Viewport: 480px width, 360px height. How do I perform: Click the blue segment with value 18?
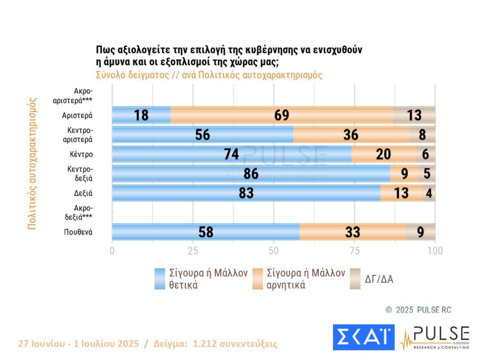tap(141, 115)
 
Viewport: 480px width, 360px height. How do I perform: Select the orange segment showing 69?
tap(282, 115)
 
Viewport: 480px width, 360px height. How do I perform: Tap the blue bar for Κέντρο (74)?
tap(231, 154)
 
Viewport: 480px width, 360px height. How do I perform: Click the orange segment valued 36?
tap(351, 135)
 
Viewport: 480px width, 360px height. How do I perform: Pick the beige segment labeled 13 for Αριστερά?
tap(414, 115)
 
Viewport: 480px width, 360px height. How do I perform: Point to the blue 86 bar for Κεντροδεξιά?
tap(251, 174)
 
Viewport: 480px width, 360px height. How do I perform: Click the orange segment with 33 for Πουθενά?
tap(353, 232)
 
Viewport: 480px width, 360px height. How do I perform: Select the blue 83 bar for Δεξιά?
tap(246, 193)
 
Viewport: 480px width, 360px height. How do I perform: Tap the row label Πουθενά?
tap(78, 232)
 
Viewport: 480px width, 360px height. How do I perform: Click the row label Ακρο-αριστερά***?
tap(73, 96)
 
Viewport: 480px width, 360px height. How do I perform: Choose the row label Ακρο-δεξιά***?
tap(79, 212)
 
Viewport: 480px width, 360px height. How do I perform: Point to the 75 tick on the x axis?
tap(355, 251)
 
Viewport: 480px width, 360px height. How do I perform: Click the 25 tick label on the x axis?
tap(193, 251)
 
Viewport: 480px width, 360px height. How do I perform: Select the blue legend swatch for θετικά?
tap(160, 279)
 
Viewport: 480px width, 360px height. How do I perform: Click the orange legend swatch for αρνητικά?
tap(257, 279)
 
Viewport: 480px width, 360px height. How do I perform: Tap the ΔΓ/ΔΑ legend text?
tap(379, 279)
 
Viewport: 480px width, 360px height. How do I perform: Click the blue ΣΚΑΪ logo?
tap(364, 337)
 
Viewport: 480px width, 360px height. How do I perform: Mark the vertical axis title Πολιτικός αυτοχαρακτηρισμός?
tap(32, 163)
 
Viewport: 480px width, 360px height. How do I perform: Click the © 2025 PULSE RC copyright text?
tap(419, 310)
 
